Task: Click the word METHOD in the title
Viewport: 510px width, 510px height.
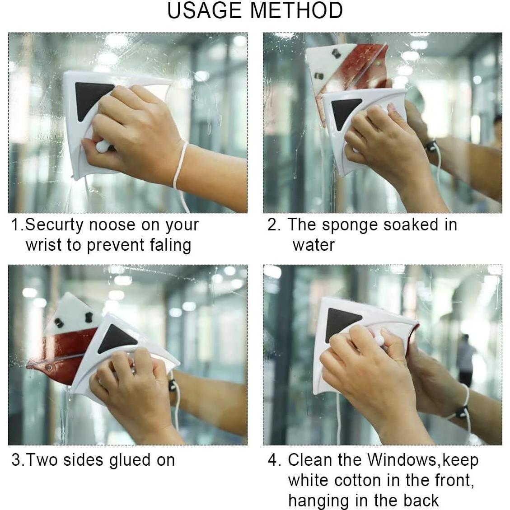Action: click(x=299, y=11)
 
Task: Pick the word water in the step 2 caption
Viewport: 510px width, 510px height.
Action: click(x=313, y=245)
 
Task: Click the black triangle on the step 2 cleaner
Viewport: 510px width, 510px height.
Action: click(x=344, y=111)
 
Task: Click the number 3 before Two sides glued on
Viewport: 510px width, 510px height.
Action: click(x=16, y=460)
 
